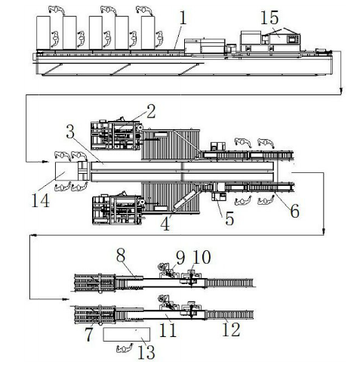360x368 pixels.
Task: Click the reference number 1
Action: coord(183,18)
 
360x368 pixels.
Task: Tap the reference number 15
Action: coord(269,18)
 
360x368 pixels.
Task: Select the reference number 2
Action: coord(151,112)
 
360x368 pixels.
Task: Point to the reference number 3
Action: coord(70,131)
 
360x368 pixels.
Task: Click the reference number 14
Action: coord(40,201)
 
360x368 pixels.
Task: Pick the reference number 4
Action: coord(165,224)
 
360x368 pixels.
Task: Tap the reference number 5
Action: coord(229,218)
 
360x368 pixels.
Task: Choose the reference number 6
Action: coord(294,211)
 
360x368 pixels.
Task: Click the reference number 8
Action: coord(121,256)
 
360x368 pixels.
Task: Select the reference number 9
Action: coord(180,258)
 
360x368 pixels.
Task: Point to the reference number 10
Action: coord(202,257)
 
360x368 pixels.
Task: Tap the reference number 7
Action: coord(88,334)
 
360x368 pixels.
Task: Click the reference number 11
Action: coord(168,330)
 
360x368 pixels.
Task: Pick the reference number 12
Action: coord(231,329)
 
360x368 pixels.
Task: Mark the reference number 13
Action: coord(146,352)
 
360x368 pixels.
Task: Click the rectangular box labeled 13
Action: coord(127,334)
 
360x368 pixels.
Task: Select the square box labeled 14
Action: coord(66,171)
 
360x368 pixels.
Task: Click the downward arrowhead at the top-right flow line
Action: coord(341,90)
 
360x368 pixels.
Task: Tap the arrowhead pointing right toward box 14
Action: coord(45,162)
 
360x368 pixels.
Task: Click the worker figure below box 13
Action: coord(125,348)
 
